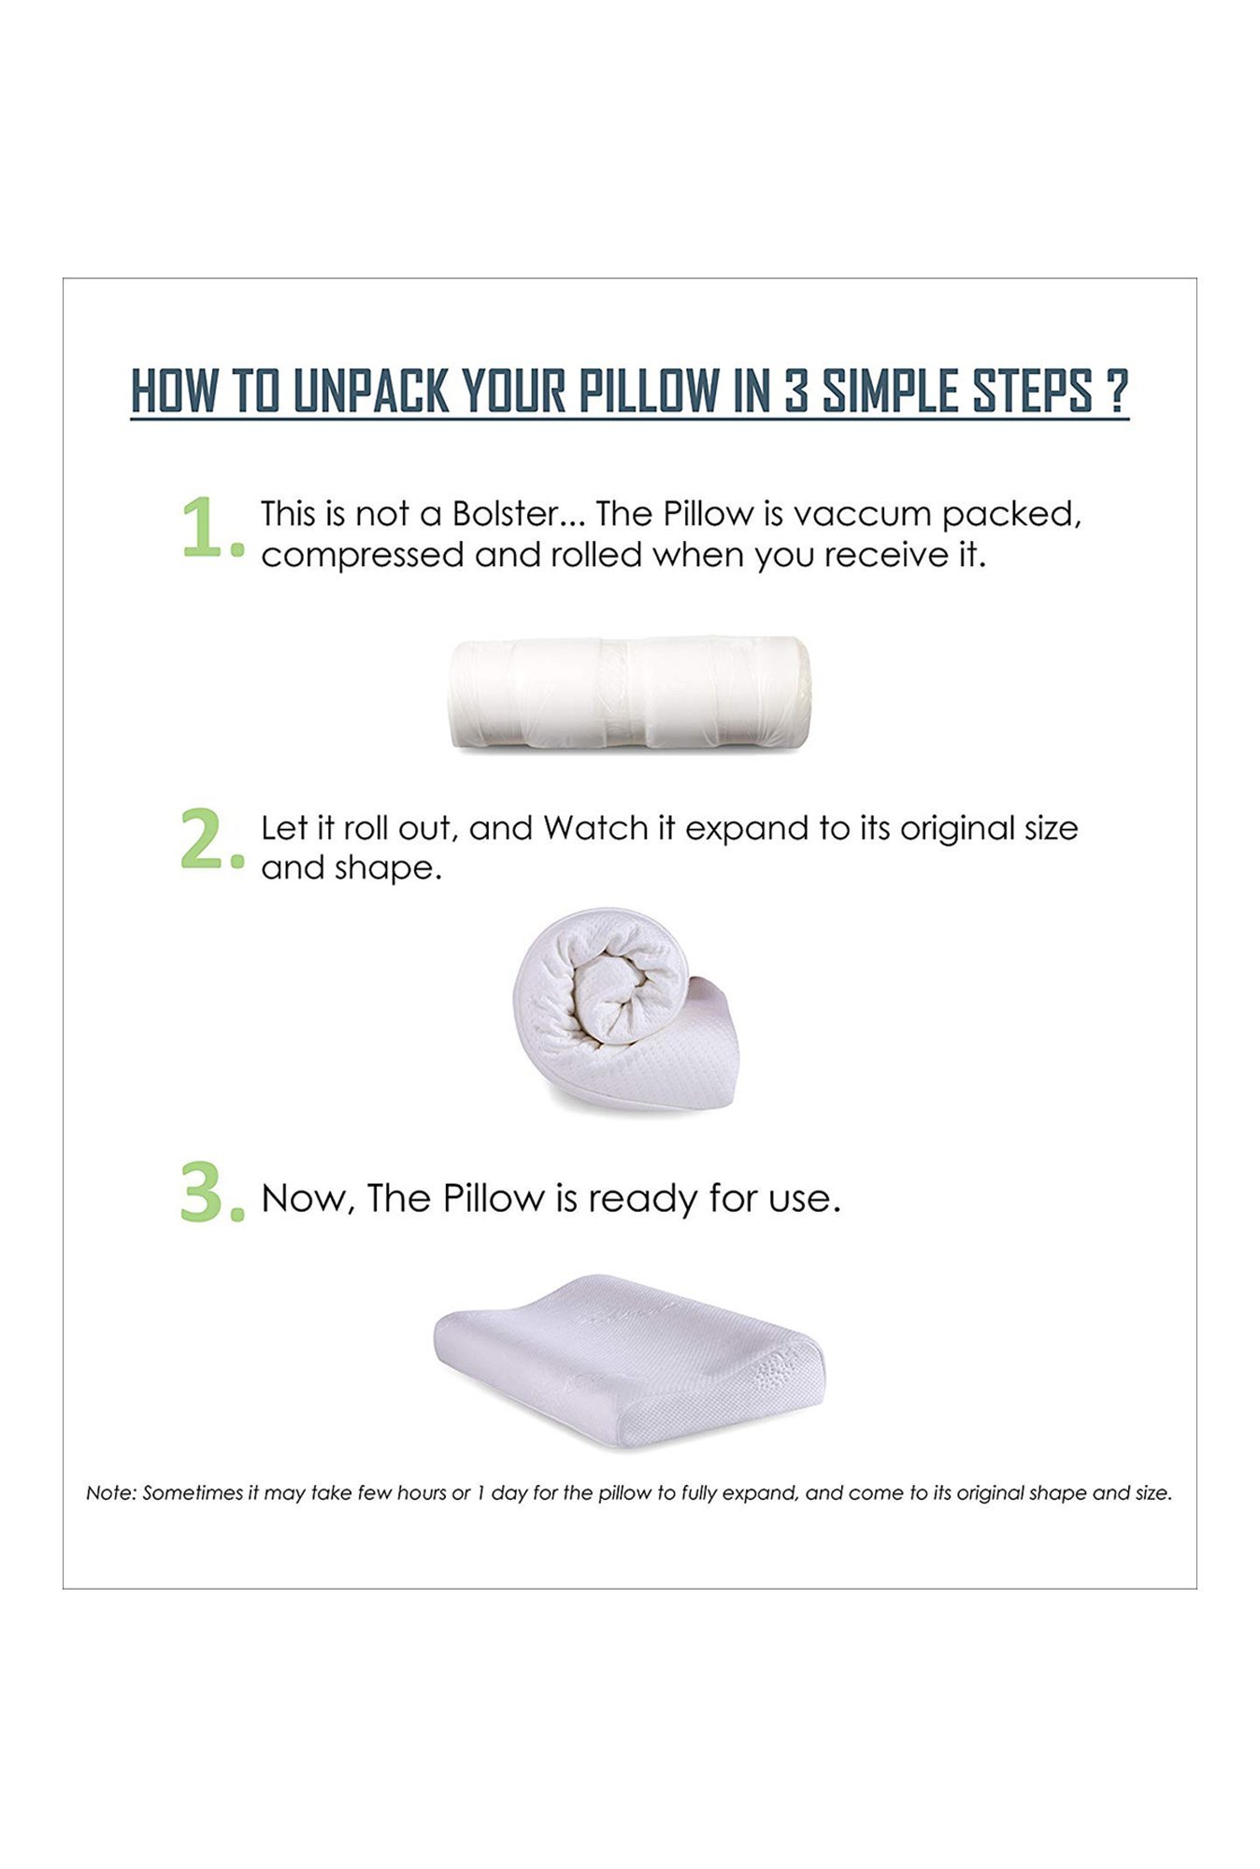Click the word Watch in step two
tap(595, 828)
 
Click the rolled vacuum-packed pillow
tap(630, 692)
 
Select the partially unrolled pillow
tap(625, 1008)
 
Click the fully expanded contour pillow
tap(629, 1361)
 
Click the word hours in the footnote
tap(422, 1493)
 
